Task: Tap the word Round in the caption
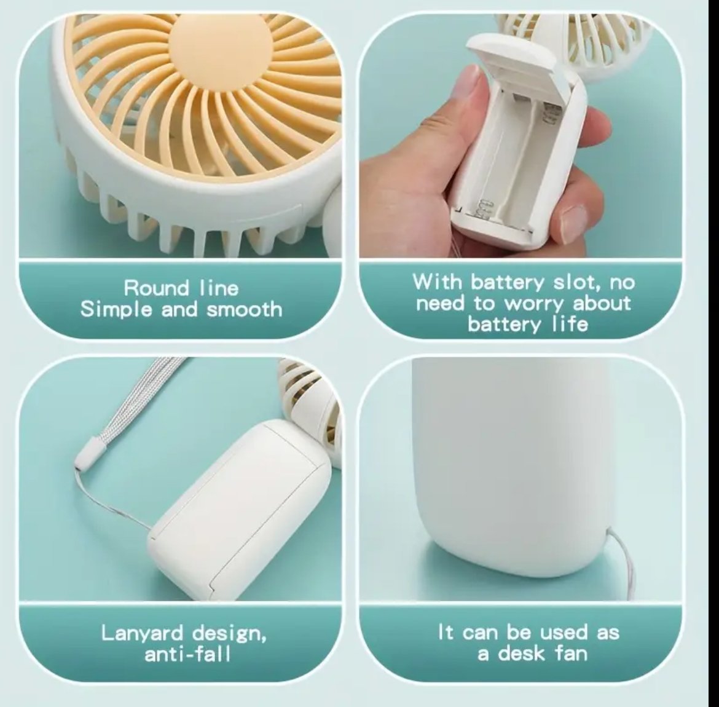tap(156, 288)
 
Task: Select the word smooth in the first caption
tap(244, 309)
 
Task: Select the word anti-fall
tap(187, 654)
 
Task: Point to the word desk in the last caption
tap(521, 653)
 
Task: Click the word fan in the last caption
tap(571, 653)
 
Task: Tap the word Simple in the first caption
tap(117, 310)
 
